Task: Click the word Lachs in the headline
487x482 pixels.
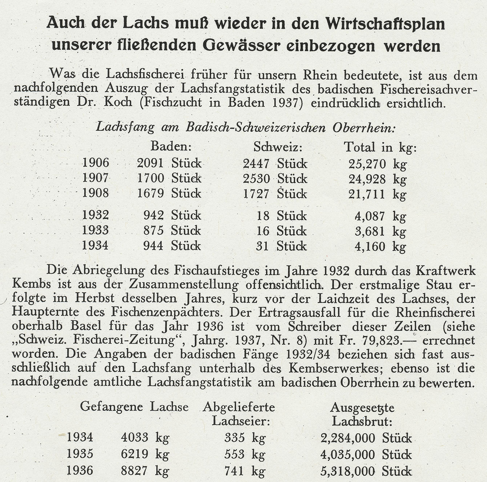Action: pyautogui.click(x=145, y=24)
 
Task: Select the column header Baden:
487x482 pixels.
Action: pyautogui.click(x=171, y=147)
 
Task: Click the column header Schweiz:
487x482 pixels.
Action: pyautogui.click(x=278, y=147)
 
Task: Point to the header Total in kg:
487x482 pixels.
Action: pyautogui.click(x=380, y=147)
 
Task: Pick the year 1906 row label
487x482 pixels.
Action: pyautogui.click(x=96, y=163)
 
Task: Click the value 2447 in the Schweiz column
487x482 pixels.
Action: pyautogui.click(x=256, y=163)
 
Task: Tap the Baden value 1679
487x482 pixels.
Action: pyautogui.click(x=150, y=193)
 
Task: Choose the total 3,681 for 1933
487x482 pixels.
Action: pyautogui.click(x=370, y=231)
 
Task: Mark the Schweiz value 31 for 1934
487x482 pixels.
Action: pyautogui.click(x=262, y=246)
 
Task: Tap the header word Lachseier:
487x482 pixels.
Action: pyautogui.click(x=240, y=421)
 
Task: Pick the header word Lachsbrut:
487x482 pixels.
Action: pyautogui.click(x=362, y=421)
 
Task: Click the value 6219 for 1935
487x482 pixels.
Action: pyautogui.click(x=134, y=454)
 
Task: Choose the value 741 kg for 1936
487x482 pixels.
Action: pyautogui.click(x=245, y=471)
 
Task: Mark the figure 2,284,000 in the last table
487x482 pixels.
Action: pyautogui.click(x=348, y=438)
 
